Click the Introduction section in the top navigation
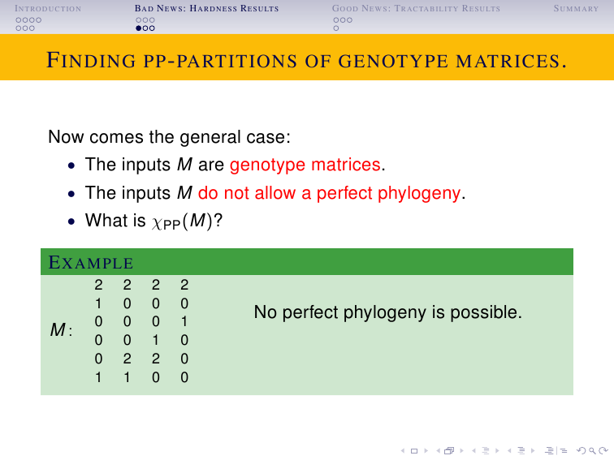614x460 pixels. [x=48, y=8]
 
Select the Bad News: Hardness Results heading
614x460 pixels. [x=206, y=8]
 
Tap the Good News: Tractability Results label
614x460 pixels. [x=416, y=8]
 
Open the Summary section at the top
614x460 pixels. [x=576, y=8]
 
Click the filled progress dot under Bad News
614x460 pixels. [x=139, y=28]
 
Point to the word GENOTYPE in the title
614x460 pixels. [x=393, y=61]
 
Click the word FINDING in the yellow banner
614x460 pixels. [x=91, y=60]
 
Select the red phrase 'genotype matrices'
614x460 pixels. [x=305, y=165]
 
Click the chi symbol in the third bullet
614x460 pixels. [x=157, y=223]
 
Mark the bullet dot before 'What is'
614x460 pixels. [x=71, y=221]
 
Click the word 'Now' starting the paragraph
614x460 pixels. [x=66, y=137]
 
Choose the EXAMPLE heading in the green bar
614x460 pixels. [x=91, y=262]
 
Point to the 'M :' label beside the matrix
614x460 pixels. [x=61, y=329]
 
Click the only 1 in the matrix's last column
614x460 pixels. [x=184, y=321]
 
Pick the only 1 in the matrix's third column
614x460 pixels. [x=156, y=340]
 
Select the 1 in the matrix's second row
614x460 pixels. [x=98, y=303]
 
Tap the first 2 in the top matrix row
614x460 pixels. [x=98, y=285]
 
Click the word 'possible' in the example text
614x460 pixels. [x=486, y=312]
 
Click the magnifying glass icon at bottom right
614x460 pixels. [x=593, y=451]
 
